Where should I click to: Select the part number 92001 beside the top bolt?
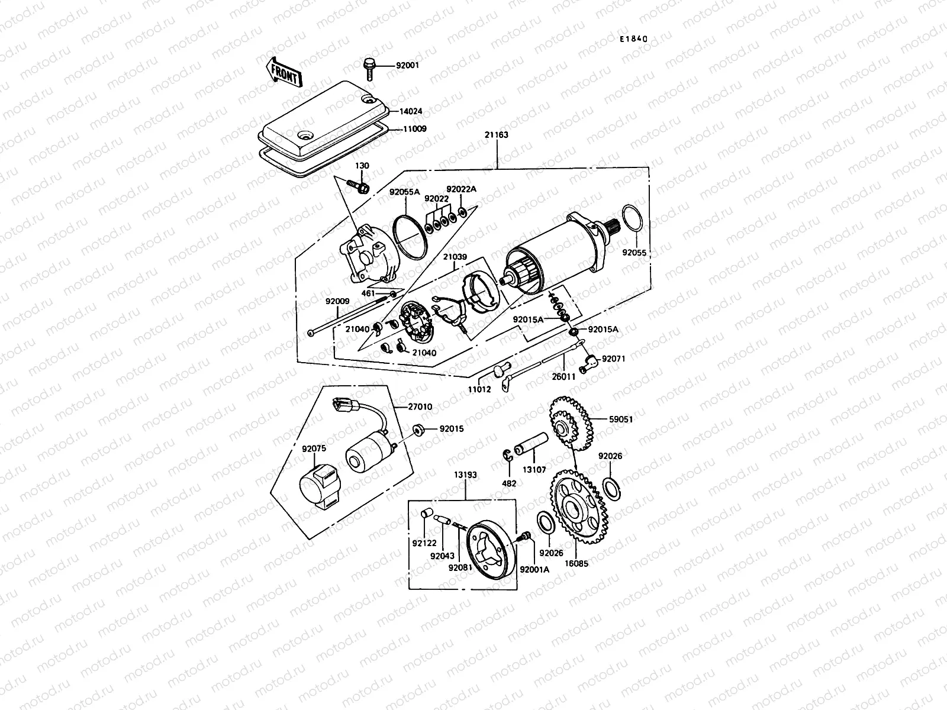coord(407,65)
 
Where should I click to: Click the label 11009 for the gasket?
coord(415,128)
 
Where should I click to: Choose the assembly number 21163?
coord(497,135)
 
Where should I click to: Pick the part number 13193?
coord(466,475)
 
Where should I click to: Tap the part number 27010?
coord(420,407)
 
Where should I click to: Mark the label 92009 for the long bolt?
coord(337,301)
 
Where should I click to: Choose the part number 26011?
coord(563,376)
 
